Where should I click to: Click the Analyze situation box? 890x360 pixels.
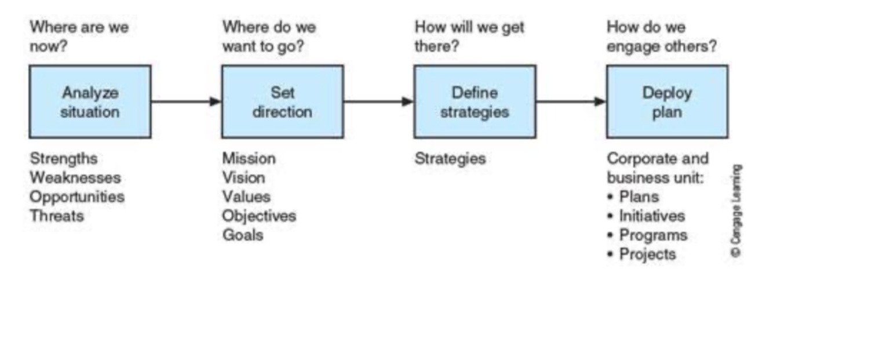click(90, 102)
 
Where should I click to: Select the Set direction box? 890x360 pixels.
click(282, 102)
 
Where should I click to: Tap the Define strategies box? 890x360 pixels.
click(475, 102)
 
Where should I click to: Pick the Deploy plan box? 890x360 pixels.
click(667, 102)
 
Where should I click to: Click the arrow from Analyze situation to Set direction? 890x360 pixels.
click(186, 102)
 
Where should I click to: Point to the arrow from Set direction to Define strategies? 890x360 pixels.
click(378, 102)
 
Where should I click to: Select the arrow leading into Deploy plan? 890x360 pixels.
click(571, 102)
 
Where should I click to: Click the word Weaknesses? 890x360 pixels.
click(75, 177)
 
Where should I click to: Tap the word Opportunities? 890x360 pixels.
click(77, 197)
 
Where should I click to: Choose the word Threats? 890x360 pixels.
click(57, 216)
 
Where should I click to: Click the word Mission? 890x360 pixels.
click(249, 158)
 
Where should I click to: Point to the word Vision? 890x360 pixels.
click(243, 177)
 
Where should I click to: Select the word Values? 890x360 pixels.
click(246, 197)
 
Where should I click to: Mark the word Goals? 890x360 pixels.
click(243, 235)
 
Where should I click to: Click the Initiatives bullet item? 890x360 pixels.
click(651, 216)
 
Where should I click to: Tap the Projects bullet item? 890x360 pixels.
click(647, 254)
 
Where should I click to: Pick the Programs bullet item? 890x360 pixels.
click(652, 235)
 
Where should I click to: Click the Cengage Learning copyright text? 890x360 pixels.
click(736, 211)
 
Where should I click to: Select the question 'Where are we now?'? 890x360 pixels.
click(79, 36)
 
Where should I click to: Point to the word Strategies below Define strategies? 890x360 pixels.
click(450, 158)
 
